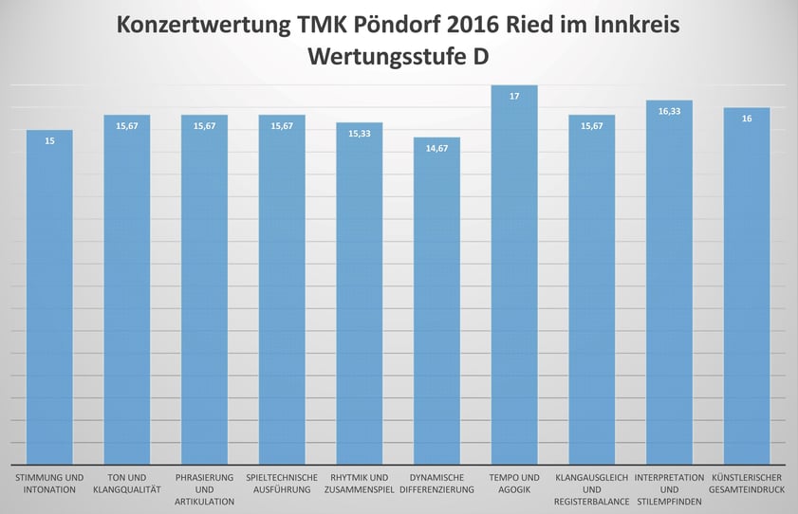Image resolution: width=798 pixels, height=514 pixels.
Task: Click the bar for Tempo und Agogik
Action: (514, 285)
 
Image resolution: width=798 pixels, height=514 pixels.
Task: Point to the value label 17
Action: (514, 96)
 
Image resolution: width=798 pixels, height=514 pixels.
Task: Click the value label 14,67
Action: (436, 149)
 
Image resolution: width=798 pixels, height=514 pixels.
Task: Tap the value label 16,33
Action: (669, 111)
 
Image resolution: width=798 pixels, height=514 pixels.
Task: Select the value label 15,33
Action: (359, 134)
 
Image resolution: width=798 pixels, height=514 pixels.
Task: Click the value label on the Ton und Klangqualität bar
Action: (127, 126)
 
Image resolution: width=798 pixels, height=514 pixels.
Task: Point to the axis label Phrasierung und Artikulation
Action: (204, 488)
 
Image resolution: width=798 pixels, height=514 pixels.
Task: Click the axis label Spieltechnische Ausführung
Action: (282, 483)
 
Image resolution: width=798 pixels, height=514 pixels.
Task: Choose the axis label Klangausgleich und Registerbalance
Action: (592, 488)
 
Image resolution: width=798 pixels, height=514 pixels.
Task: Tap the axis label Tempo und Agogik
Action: (514, 483)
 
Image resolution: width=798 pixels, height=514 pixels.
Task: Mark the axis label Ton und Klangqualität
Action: (127, 483)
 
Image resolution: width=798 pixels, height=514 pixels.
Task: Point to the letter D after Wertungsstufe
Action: (481, 56)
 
